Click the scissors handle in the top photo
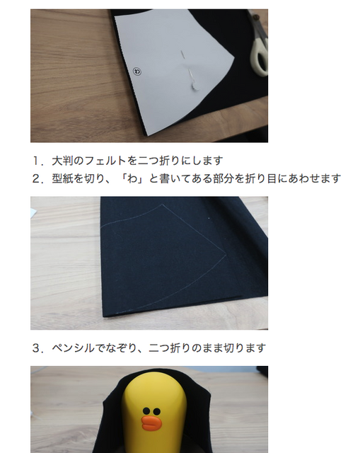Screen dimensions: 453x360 coord(260,57)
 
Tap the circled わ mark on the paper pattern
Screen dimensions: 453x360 coord(137,71)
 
